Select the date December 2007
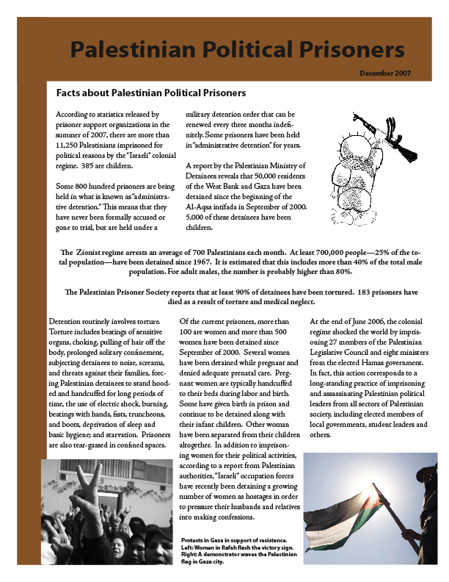(384, 73)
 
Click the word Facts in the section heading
(69, 93)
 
